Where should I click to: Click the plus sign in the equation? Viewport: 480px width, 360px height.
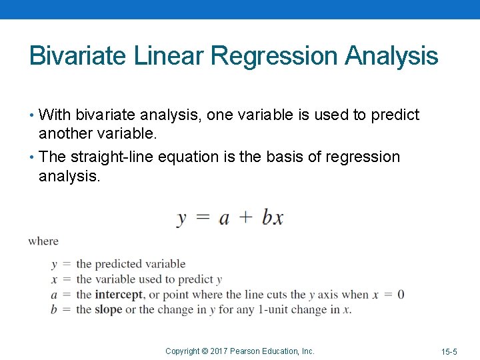click(246, 218)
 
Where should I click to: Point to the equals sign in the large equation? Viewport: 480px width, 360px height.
click(203, 218)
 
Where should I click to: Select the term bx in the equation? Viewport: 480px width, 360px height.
click(272, 218)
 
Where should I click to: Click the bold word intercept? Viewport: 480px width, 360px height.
click(119, 295)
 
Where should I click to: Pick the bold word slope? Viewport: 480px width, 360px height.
click(109, 309)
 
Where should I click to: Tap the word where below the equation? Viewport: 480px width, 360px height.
click(43, 241)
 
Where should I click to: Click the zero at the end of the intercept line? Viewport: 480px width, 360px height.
click(400, 295)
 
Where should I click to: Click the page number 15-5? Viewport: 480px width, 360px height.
click(449, 351)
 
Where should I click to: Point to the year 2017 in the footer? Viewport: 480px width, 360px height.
click(219, 351)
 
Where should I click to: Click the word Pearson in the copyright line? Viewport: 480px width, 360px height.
click(245, 351)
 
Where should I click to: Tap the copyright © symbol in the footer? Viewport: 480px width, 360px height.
click(205, 351)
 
